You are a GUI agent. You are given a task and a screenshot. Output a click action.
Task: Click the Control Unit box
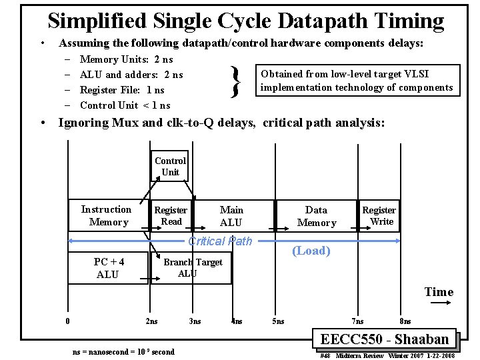coord(170,167)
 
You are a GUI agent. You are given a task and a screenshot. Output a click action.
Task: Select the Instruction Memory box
coord(106,215)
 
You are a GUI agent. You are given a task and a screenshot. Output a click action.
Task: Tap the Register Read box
coord(171,215)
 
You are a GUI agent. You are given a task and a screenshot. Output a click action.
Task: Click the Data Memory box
coord(316,216)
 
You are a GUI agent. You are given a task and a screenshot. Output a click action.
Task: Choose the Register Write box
coord(379,215)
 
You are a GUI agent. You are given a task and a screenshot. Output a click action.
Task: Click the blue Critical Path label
coord(220,241)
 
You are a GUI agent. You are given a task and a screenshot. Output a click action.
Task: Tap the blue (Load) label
coord(311,251)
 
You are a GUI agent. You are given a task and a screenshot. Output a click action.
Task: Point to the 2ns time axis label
coord(151,321)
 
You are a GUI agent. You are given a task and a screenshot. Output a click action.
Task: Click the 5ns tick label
coord(278,321)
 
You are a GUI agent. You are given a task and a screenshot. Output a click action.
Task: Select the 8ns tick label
coord(405,321)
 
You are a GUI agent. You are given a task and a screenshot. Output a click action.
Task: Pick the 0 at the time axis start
coord(68,321)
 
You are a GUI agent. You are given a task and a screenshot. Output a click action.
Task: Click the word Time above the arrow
coord(439,292)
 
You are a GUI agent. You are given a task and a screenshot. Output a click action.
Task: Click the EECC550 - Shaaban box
coord(385,339)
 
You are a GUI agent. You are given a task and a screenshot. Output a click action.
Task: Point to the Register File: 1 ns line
coord(122,90)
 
